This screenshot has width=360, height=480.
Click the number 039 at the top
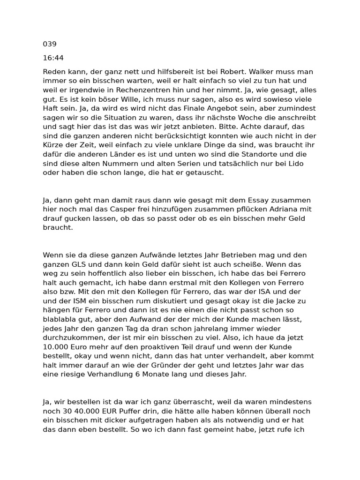(x=50, y=44)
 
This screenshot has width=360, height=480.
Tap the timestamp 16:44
(x=53, y=58)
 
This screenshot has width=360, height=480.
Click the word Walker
(x=261, y=72)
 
